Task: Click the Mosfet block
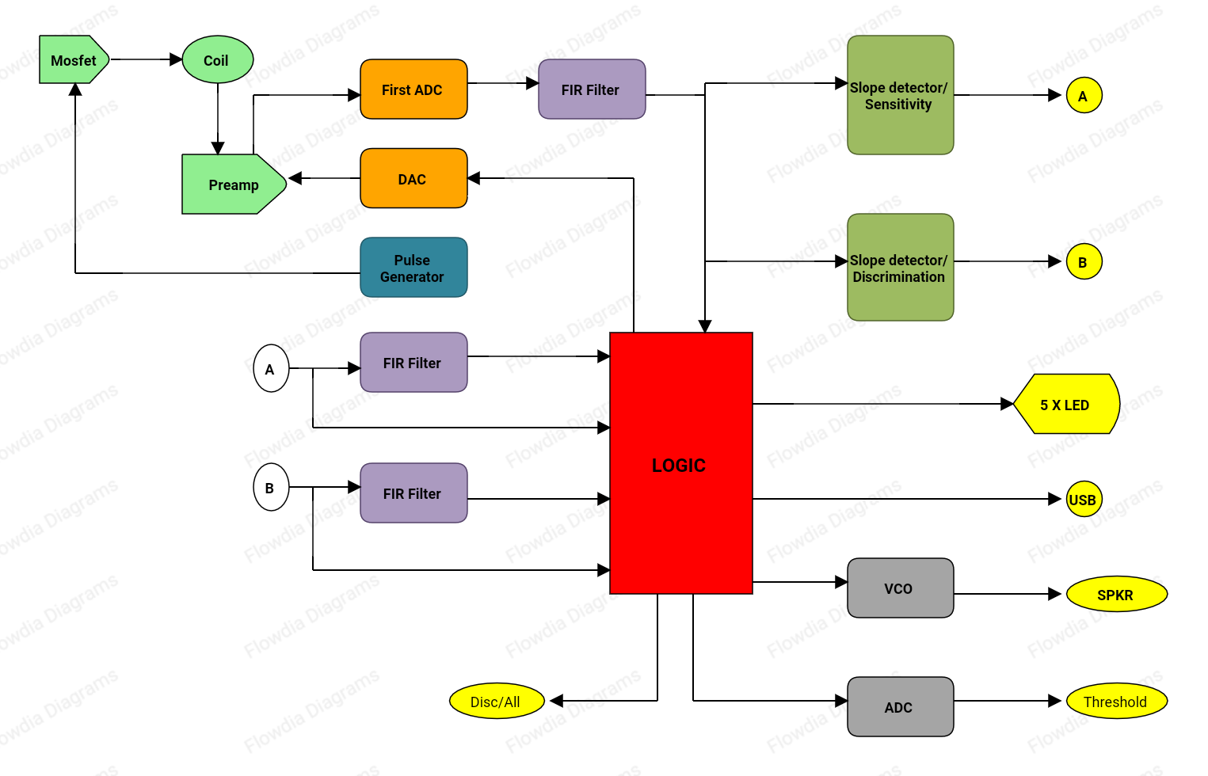[73, 60]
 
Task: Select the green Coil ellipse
[217, 60]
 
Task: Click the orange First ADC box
[413, 89]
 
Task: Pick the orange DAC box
[413, 179]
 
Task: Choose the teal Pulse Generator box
[413, 268]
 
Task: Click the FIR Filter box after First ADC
[591, 89]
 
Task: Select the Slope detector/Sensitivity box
[900, 95]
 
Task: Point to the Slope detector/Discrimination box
[900, 268]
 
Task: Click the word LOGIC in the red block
[679, 466]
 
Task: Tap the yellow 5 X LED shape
[1065, 405]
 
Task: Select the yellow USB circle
[1084, 500]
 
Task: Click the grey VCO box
[900, 588]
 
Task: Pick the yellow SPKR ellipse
[1116, 595]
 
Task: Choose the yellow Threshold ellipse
[1116, 702]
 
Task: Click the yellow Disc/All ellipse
[496, 702]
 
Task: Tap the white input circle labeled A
[271, 369]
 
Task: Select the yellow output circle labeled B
[1084, 262]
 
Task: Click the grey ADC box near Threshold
[900, 707]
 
